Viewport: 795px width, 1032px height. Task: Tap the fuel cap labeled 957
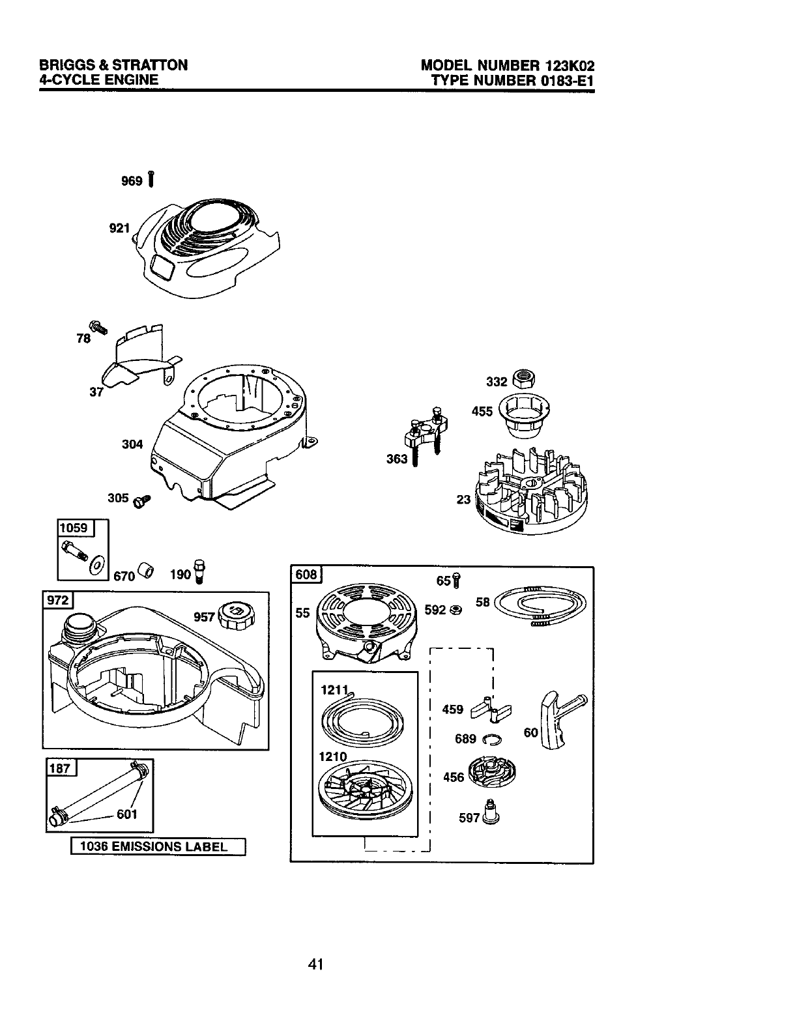click(x=237, y=615)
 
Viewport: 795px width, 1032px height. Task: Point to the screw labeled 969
click(x=151, y=179)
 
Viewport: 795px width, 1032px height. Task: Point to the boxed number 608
click(x=307, y=575)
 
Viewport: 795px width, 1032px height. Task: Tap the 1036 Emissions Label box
click(x=158, y=847)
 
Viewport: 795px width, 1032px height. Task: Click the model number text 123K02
click(x=567, y=66)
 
